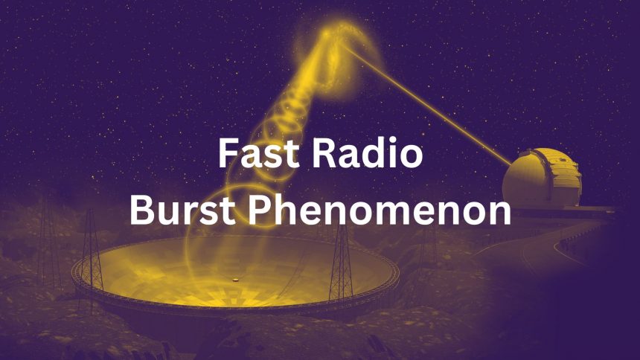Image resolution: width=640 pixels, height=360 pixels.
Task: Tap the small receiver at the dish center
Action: coord(236,279)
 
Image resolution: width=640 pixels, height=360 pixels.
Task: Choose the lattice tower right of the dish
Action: coord(342,253)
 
